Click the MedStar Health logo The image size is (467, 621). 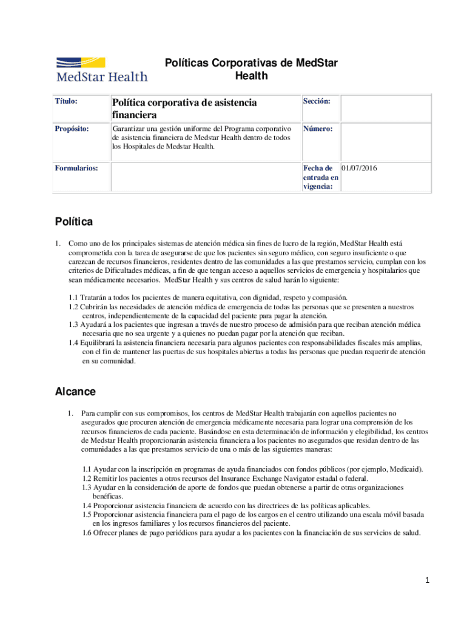coord(101,69)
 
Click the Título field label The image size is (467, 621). coord(66,101)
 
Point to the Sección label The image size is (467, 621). coord(317,101)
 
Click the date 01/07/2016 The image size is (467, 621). coord(359,168)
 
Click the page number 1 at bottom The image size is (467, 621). coord(428,580)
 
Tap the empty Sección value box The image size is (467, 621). coord(385,108)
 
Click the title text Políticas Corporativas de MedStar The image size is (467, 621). coord(251,63)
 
